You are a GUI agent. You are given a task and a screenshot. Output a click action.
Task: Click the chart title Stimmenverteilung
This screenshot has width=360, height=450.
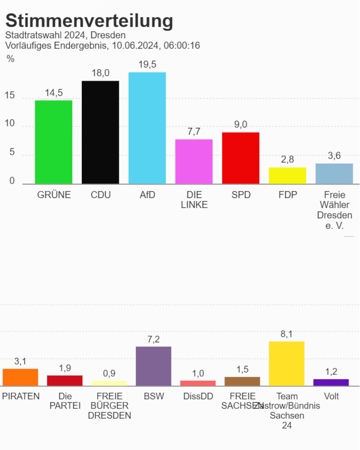pos(89,21)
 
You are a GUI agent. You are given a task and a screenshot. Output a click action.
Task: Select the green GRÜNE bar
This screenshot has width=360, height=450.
pos(54,142)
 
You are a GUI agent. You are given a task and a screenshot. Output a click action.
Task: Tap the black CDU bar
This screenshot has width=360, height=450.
pos(100,132)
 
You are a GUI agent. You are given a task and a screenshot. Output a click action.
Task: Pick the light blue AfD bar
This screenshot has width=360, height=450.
pos(147,128)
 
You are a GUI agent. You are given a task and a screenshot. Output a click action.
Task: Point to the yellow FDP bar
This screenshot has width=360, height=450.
pos(288,175)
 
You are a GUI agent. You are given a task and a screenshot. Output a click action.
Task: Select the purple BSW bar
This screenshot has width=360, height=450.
pos(153,366)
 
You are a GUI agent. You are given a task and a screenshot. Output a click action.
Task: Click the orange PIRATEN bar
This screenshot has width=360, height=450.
pos(20,377)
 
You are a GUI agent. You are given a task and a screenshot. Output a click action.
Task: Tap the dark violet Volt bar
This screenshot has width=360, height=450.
pos(331,382)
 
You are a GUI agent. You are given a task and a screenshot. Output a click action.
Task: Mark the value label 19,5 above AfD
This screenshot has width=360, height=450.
pos(147,65)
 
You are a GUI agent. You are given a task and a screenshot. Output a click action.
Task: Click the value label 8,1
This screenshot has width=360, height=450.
pos(287,334)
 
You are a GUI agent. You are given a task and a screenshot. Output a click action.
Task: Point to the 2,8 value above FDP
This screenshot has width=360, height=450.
pos(288,160)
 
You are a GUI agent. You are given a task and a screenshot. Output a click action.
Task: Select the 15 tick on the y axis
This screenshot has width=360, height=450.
pos(10,96)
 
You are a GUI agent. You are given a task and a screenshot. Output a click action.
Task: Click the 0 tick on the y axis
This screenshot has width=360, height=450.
pos(12,181)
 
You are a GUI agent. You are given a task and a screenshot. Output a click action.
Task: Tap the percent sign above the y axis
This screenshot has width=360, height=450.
pos(10,58)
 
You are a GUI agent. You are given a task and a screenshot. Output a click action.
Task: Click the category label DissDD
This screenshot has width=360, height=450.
pos(198,396)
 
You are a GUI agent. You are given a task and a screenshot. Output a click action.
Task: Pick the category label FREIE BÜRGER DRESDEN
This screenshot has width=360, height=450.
pos(109,406)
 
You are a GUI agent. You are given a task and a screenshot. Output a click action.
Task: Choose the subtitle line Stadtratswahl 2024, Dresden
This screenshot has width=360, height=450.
pos(65,35)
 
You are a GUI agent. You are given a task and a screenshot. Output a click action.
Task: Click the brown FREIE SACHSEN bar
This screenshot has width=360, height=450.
pos(242,381)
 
